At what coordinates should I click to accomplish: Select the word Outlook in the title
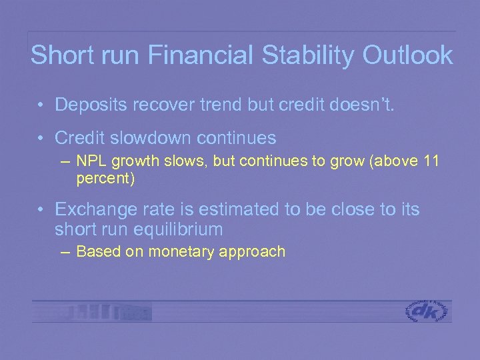pyautogui.click(x=407, y=55)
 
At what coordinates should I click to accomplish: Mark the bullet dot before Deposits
pyautogui.click(x=41, y=105)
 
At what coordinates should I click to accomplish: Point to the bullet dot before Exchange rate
pyautogui.click(x=41, y=210)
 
